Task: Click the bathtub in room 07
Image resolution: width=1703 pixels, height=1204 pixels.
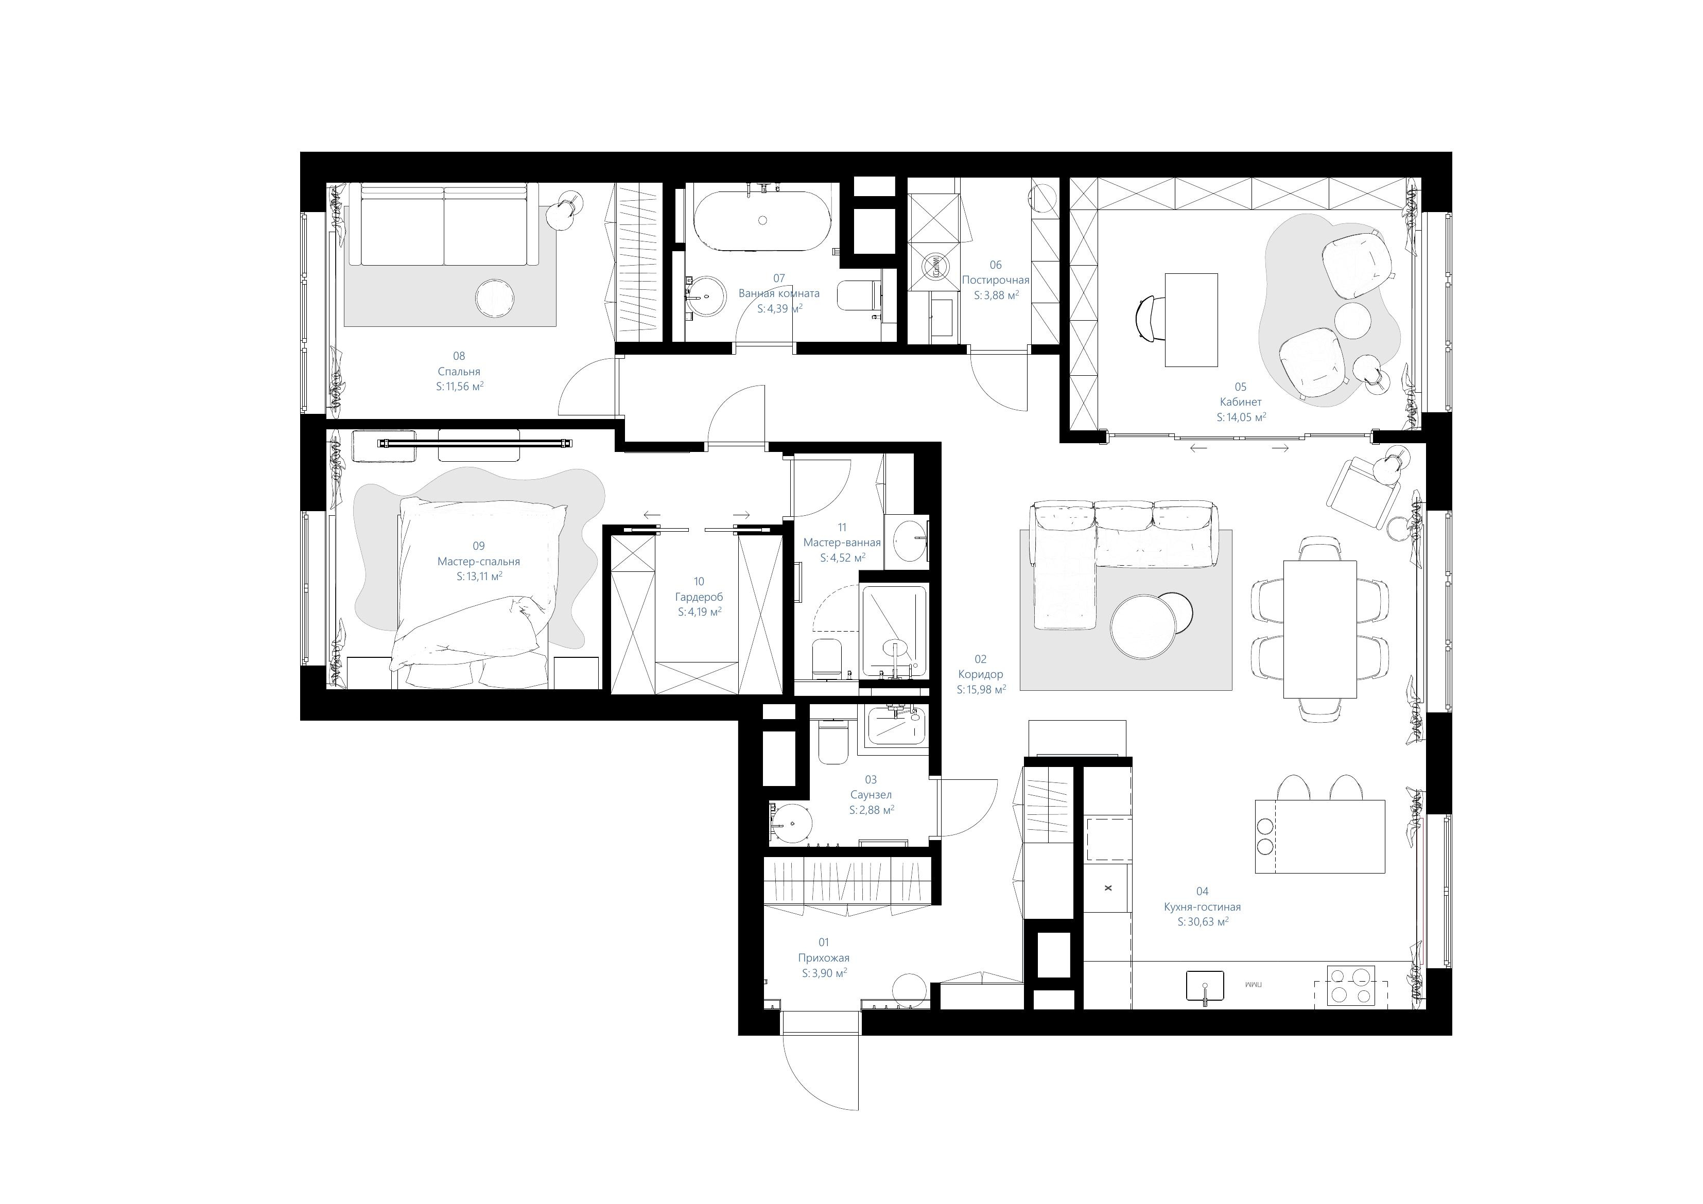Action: (x=762, y=220)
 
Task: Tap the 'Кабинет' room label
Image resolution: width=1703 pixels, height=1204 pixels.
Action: (x=1240, y=402)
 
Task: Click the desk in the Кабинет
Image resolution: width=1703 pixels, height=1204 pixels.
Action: (x=1191, y=320)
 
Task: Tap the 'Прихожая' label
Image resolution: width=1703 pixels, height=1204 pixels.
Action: (x=824, y=958)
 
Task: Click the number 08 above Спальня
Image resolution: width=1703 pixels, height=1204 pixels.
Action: (x=459, y=356)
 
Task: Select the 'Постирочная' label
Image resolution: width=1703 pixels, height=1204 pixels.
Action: (x=996, y=281)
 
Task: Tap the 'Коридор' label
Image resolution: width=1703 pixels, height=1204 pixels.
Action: (x=981, y=674)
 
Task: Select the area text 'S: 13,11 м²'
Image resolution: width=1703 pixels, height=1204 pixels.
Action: (x=479, y=577)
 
